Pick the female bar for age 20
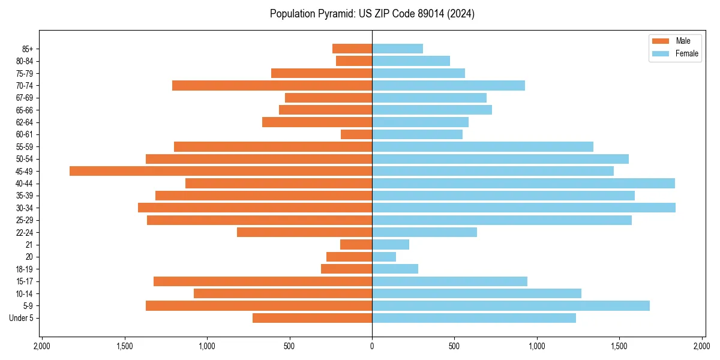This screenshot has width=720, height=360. [384, 257]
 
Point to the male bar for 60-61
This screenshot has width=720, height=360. [356, 134]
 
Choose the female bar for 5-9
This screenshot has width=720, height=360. [511, 306]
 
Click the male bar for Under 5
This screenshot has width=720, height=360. [312, 318]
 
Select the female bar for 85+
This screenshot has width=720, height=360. [397, 49]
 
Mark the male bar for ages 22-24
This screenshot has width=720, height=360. [304, 232]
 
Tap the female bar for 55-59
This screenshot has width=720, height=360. [482, 146]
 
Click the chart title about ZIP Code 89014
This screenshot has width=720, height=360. [372, 14]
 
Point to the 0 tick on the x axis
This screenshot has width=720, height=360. [372, 346]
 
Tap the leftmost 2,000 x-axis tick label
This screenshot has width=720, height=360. [42, 346]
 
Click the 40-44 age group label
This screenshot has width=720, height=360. [25, 184]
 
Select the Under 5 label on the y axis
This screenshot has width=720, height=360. [21, 318]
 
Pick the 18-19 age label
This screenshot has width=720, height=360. [25, 269]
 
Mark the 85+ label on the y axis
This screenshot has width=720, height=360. [28, 49]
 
